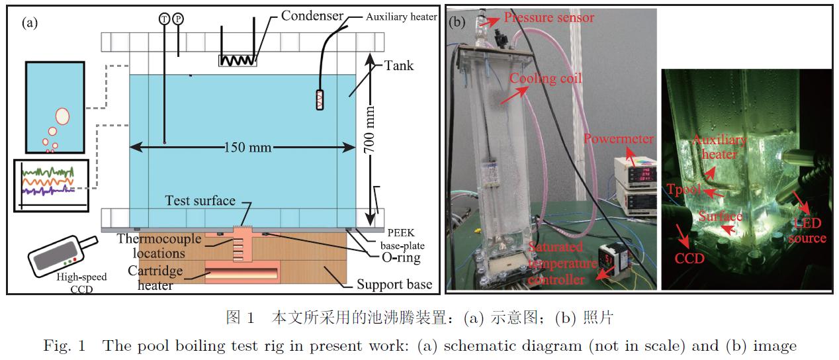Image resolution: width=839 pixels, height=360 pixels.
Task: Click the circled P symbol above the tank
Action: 177,19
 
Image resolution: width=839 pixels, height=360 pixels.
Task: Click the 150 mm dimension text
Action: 247,147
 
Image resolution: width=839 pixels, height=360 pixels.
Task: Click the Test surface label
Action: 200,201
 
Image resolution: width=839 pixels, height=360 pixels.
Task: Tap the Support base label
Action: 394,285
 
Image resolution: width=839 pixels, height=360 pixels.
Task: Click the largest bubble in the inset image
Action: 62,116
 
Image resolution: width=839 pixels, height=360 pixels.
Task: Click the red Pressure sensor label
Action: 549,17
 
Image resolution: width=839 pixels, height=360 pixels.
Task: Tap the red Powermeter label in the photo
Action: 619,139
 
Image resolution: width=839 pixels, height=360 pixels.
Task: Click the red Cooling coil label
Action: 545,79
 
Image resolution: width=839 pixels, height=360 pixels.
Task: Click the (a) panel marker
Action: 30,22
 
